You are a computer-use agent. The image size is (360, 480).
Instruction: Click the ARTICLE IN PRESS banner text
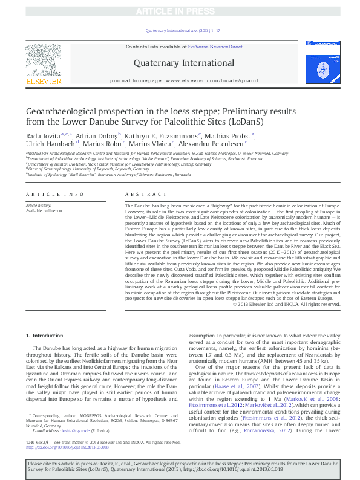[180, 11]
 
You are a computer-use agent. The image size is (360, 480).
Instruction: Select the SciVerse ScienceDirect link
[215, 47]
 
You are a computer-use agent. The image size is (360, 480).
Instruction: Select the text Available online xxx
[44, 210]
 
